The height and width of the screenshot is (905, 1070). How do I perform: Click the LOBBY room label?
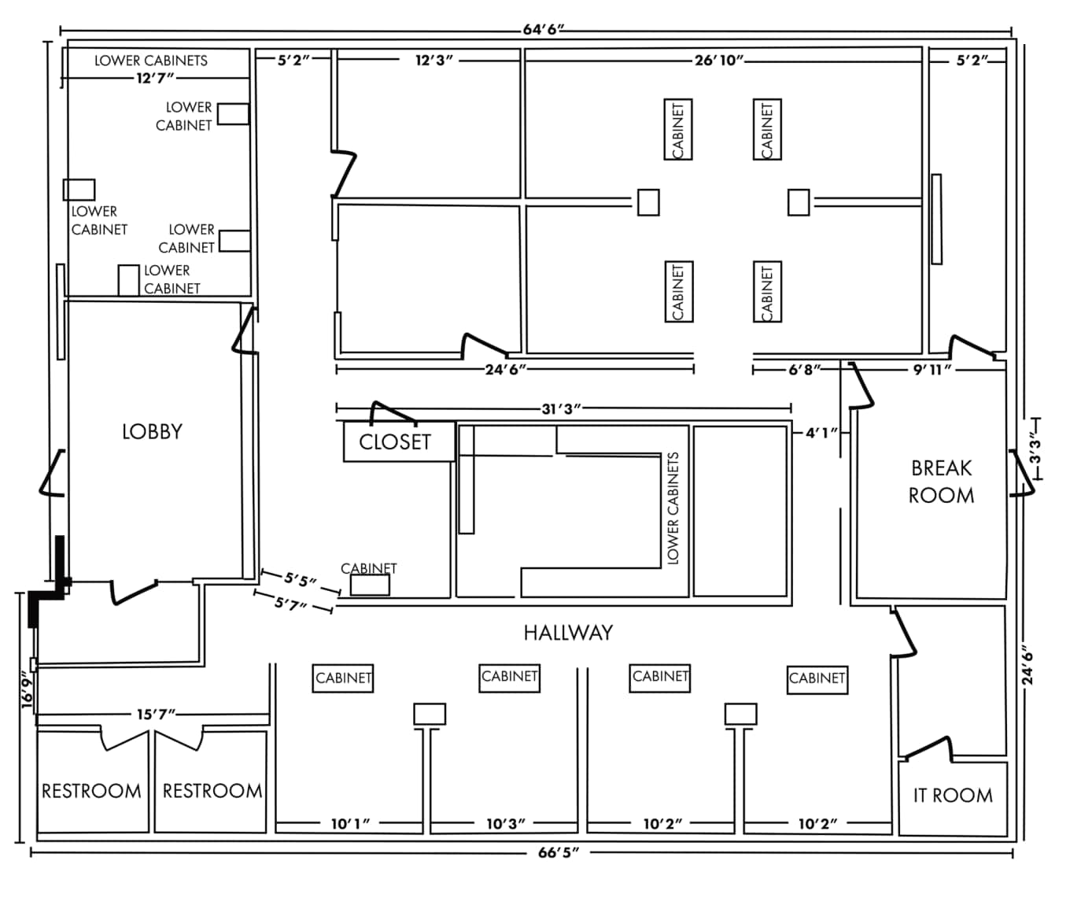pos(152,431)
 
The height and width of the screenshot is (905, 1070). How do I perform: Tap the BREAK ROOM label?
pos(941,482)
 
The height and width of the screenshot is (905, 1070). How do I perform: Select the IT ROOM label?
pos(953,796)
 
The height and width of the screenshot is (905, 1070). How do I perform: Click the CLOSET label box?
pos(395,442)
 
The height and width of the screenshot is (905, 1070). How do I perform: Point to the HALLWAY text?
pos(568,633)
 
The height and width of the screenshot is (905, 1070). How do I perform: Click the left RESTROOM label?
pos(91,791)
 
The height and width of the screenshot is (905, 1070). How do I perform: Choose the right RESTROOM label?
pos(212,791)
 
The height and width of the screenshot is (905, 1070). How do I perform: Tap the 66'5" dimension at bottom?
pos(559,853)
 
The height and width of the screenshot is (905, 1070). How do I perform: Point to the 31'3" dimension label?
pos(561,408)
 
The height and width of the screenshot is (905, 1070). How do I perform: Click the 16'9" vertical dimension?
pos(28,690)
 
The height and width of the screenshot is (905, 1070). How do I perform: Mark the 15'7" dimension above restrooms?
pos(156,715)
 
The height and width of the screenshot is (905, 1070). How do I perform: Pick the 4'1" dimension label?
pos(821,433)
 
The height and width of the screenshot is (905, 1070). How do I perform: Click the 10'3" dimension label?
pos(505,824)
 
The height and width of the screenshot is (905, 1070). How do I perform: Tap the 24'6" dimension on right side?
pos(1028,665)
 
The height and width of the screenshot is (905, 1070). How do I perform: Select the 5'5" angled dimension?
pos(301,581)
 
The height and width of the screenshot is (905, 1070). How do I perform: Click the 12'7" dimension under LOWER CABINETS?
pos(155,78)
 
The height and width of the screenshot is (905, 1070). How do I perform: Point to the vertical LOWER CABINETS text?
pos(673,508)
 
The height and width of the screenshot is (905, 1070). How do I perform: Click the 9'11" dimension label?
pos(932,369)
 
